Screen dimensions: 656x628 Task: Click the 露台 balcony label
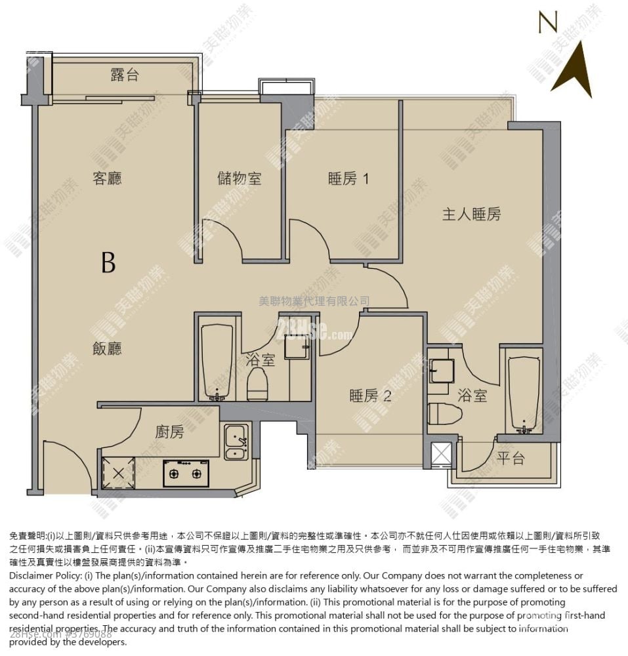pyautogui.click(x=125, y=75)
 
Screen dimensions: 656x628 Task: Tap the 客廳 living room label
pyautogui.click(x=108, y=178)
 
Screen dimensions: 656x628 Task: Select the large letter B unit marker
pyautogui.click(x=108, y=262)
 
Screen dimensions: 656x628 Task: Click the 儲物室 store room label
pyautogui.click(x=240, y=178)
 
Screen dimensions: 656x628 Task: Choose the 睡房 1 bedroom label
pyautogui.click(x=348, y=178)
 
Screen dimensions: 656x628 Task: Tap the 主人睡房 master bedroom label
pyautogui.click(x=471, y=214)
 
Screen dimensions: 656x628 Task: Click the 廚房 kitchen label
pyautogui.click(x=169, y=432)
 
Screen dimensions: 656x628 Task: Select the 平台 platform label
pyautogui.click(x=511, y=459)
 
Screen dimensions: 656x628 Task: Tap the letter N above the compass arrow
pyautogui.click(x=548, y=22)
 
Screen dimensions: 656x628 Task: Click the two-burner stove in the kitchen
pyautogui.click(x=186, y=473)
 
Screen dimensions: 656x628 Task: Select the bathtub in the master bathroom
pyautogui.click(x=524, y=394)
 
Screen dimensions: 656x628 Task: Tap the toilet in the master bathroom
pyautogui.click(x=444, y=414)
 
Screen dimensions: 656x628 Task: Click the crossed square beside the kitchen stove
pyautogui.click(x=119, y=472)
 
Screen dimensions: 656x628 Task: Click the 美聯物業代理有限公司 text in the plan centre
pyautogui.click(x=314, y=301)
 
